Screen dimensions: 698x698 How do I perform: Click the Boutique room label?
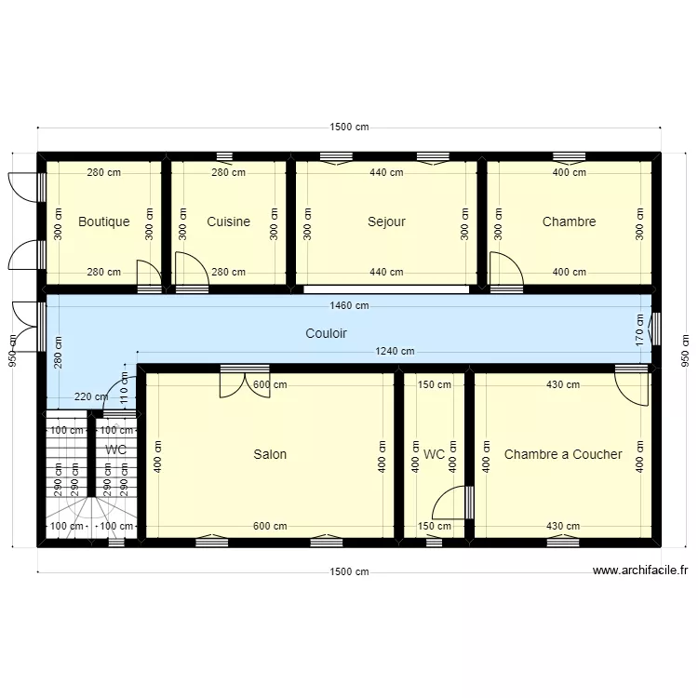(103, 222)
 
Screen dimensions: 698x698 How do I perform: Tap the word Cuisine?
(228, 222)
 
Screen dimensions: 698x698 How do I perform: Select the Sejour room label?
(386, 222)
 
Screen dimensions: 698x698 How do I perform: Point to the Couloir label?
(326, 332)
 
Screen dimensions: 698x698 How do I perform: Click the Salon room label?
(270, 455)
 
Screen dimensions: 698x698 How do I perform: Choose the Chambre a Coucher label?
(563, 455)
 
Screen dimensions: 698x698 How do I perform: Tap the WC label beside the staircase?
(116, 450)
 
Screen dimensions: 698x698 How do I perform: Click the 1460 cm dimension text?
(349, 305)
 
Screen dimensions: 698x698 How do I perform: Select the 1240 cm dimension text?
(395, 352)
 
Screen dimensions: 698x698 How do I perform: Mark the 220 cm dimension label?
(90, 397)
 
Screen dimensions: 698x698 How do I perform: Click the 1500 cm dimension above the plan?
(349, 128)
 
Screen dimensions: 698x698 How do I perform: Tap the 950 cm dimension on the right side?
(685, 349)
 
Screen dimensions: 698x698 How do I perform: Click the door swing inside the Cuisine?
(191, 270)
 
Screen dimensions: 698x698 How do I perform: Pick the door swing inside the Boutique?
(149, 273)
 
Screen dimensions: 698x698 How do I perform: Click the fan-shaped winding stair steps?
(90, 517)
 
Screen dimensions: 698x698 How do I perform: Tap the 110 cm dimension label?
(124, 383)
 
